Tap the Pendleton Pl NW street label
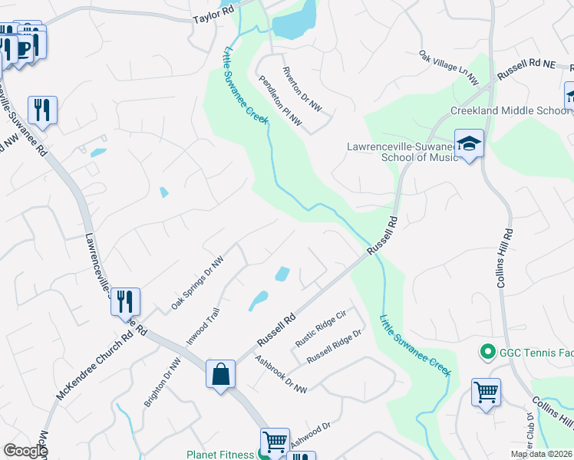[280, 100]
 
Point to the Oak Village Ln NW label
[449, 67]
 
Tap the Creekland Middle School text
[510, 110]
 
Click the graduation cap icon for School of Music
[469, 143]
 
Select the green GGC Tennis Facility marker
[486, 353]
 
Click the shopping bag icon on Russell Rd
[220, 374]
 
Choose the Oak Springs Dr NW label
[196, 282]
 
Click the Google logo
[25, 450]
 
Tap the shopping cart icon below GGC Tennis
[487, 393]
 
